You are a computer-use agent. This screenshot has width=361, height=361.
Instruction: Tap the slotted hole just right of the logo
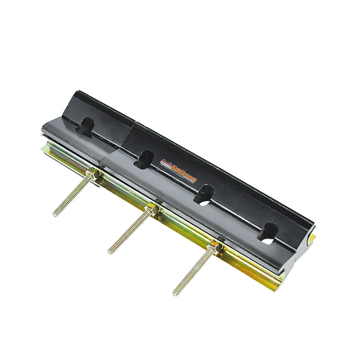204,195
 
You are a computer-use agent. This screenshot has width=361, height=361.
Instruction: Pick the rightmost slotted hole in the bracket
268,232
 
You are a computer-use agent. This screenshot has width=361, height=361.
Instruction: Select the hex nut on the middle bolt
153,209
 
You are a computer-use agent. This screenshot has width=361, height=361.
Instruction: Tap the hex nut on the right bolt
215,247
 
